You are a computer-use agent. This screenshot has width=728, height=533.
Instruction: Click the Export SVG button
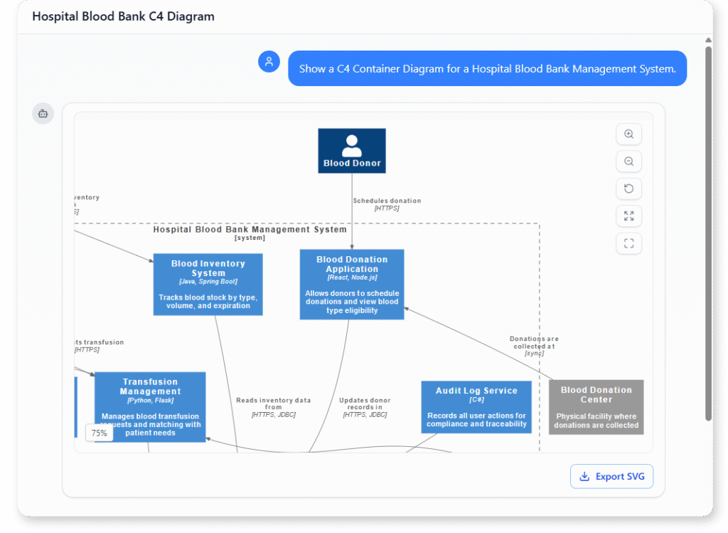pos(611,476)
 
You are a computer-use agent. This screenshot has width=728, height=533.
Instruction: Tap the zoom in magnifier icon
pos(628,134)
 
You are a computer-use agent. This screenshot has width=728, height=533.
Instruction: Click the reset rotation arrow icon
pos(628,189)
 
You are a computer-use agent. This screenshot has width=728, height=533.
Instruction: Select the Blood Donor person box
pos(352,151)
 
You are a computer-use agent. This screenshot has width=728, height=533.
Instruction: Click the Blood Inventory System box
pos(208,284)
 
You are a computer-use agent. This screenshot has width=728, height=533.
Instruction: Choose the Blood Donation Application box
pos(352,284)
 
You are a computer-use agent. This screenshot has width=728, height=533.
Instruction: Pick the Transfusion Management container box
pos(150,406)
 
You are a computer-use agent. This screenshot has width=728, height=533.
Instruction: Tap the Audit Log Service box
pos(476,407)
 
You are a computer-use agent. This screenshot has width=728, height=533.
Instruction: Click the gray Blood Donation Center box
pos(596,407)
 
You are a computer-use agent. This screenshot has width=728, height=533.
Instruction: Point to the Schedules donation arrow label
pos(387,204)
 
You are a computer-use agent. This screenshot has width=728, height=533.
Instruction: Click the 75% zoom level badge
pos(99,433)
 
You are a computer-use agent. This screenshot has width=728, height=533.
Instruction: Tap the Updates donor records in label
pos(365,407)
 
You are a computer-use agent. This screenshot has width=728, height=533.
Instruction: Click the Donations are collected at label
pos(534,346)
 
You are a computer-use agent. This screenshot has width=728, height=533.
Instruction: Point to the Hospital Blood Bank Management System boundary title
pos(250,230)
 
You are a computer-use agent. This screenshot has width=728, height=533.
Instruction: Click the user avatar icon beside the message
pos(269,62)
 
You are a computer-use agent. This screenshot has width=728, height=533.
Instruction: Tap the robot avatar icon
pos(43,113)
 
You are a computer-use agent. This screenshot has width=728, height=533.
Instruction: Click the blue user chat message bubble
pos(487,69)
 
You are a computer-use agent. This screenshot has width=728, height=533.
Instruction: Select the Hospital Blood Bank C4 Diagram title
pos(123,16)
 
